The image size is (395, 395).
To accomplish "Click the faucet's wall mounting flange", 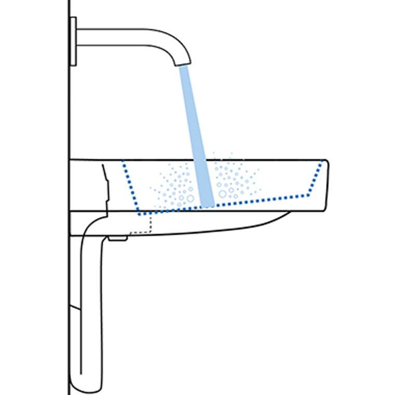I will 73,41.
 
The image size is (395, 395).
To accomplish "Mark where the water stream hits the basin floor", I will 208,204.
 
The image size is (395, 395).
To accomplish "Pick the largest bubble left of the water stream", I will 190,199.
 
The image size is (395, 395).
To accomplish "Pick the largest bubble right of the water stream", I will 223,194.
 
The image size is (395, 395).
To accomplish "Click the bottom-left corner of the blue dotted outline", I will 139,214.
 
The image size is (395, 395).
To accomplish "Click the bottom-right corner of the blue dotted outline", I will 309,195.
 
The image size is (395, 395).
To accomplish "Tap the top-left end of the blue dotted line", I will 123,161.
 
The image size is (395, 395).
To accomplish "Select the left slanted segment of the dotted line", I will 130,187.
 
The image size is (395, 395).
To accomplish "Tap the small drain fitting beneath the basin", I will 118,238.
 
